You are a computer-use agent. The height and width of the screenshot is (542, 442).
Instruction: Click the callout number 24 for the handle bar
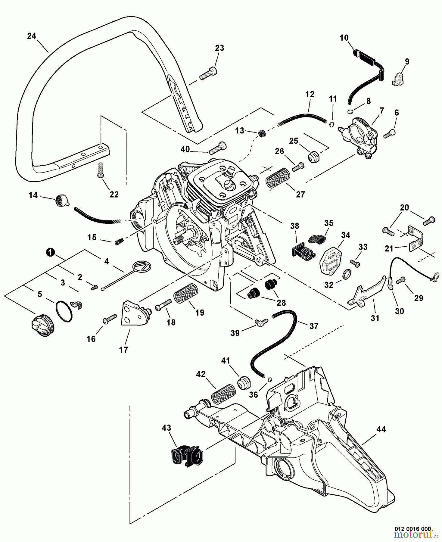pos(31,36)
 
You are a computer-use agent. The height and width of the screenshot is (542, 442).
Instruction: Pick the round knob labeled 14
pos(60,200)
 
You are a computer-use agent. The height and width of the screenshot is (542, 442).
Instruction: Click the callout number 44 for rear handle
pos(381,429)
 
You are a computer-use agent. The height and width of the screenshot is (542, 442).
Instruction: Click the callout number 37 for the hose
pos(314,326)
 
